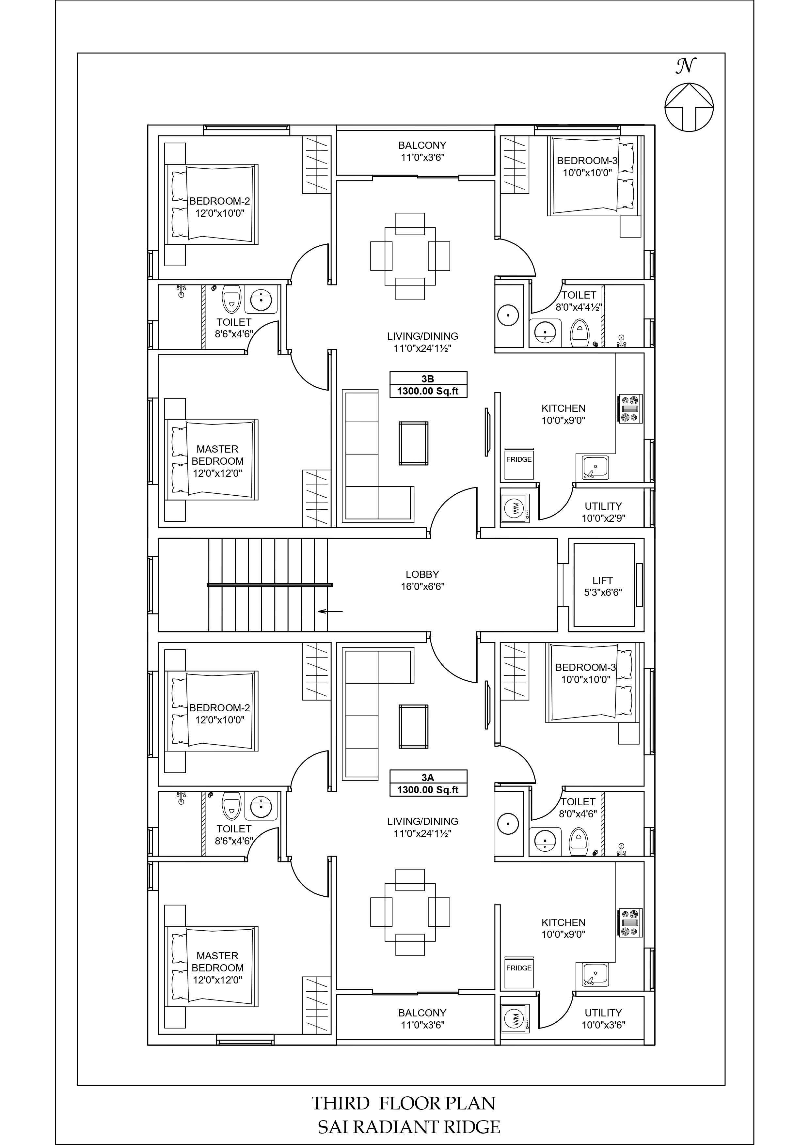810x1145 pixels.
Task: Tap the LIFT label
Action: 602,580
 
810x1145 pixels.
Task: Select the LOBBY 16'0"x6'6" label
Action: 422,580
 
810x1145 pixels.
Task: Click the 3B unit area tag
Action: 428,384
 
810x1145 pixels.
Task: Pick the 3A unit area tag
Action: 428,783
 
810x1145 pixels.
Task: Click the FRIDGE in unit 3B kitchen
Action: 519,463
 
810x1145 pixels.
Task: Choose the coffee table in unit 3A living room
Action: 413,727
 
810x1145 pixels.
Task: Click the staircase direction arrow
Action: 330,611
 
